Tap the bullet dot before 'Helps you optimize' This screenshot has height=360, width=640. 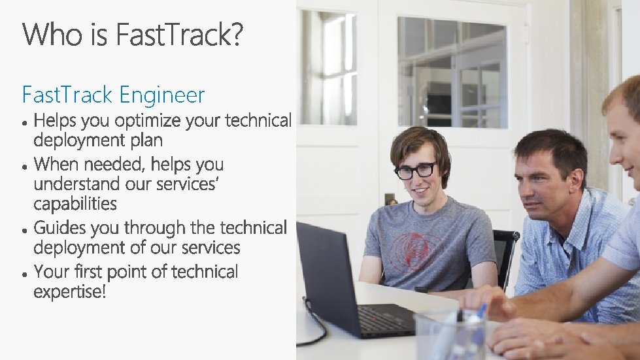(24, 123)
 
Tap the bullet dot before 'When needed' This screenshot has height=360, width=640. (24, 166)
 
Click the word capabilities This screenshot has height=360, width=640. (75, 204)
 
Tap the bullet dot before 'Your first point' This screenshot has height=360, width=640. (24, 273)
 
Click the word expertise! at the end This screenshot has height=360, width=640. (69, 291)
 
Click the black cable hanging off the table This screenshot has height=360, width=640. (314, 327)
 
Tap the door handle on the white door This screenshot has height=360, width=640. (390, 198)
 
